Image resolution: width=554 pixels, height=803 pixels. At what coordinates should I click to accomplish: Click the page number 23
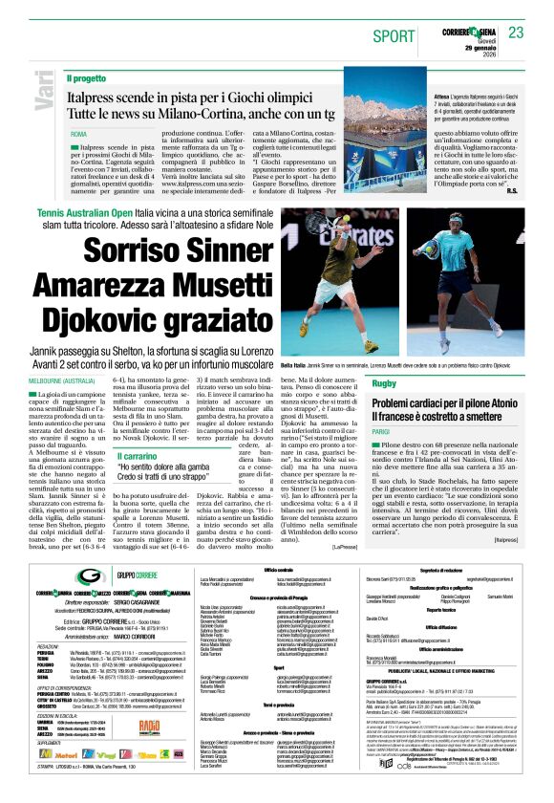click(516, 33)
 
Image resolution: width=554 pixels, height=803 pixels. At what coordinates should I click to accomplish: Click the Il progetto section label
click(87, 77)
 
